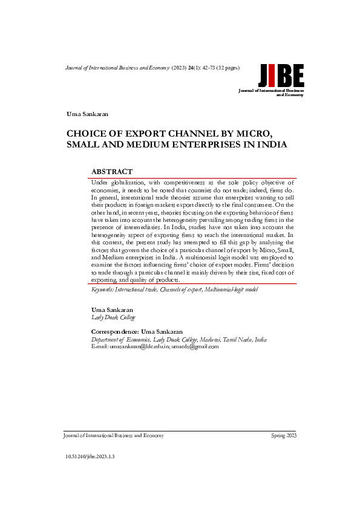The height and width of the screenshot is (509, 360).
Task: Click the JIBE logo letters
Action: click(x=281, y=76)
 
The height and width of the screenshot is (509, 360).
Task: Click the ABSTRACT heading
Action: click(x=111, y=172)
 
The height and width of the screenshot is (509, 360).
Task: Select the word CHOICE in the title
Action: click(x=87, y=134)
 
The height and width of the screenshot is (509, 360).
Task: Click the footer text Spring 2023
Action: click(x=283, y=435)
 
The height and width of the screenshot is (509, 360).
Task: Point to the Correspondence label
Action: click(x=114, y=332)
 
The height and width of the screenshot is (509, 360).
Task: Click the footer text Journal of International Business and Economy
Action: click(x=113, y=435)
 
